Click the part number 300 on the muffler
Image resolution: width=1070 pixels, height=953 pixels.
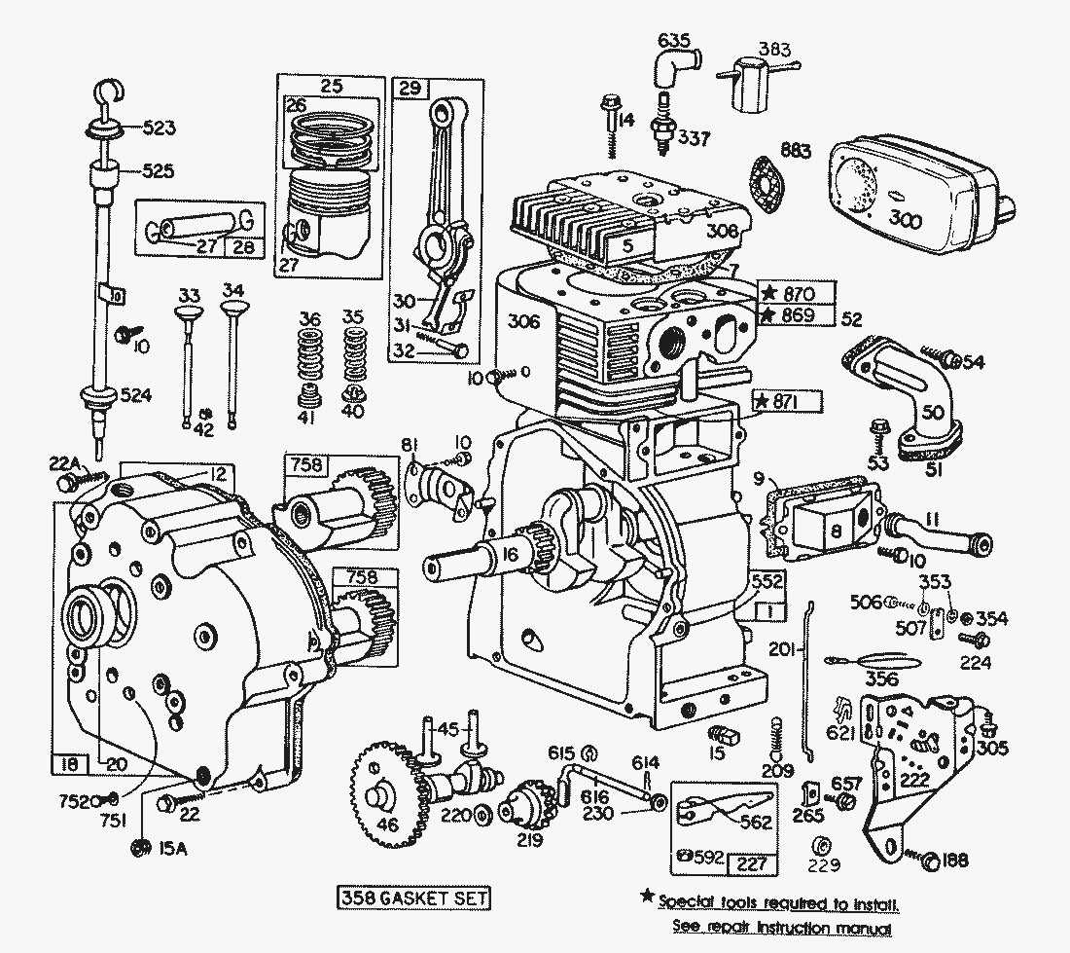(906, 220)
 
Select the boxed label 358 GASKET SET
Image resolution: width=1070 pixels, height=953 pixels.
(413, 897)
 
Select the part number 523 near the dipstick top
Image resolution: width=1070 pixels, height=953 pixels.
(159, 127)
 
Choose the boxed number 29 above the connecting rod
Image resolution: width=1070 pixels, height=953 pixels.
(408, 88)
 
